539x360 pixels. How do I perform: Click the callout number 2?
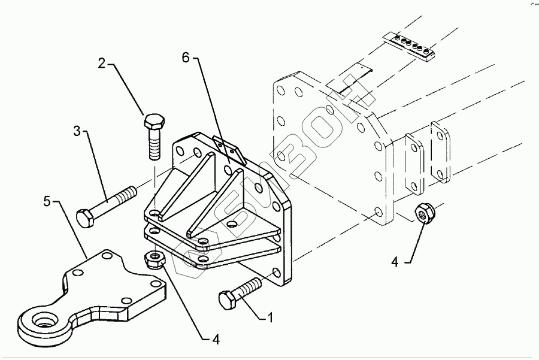click(102, 63)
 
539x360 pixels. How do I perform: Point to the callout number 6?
click(186, 58)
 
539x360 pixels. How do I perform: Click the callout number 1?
click(269, 318)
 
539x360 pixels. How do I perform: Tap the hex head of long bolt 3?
click(84, 218)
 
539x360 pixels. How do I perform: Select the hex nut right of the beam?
click(423, 214)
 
